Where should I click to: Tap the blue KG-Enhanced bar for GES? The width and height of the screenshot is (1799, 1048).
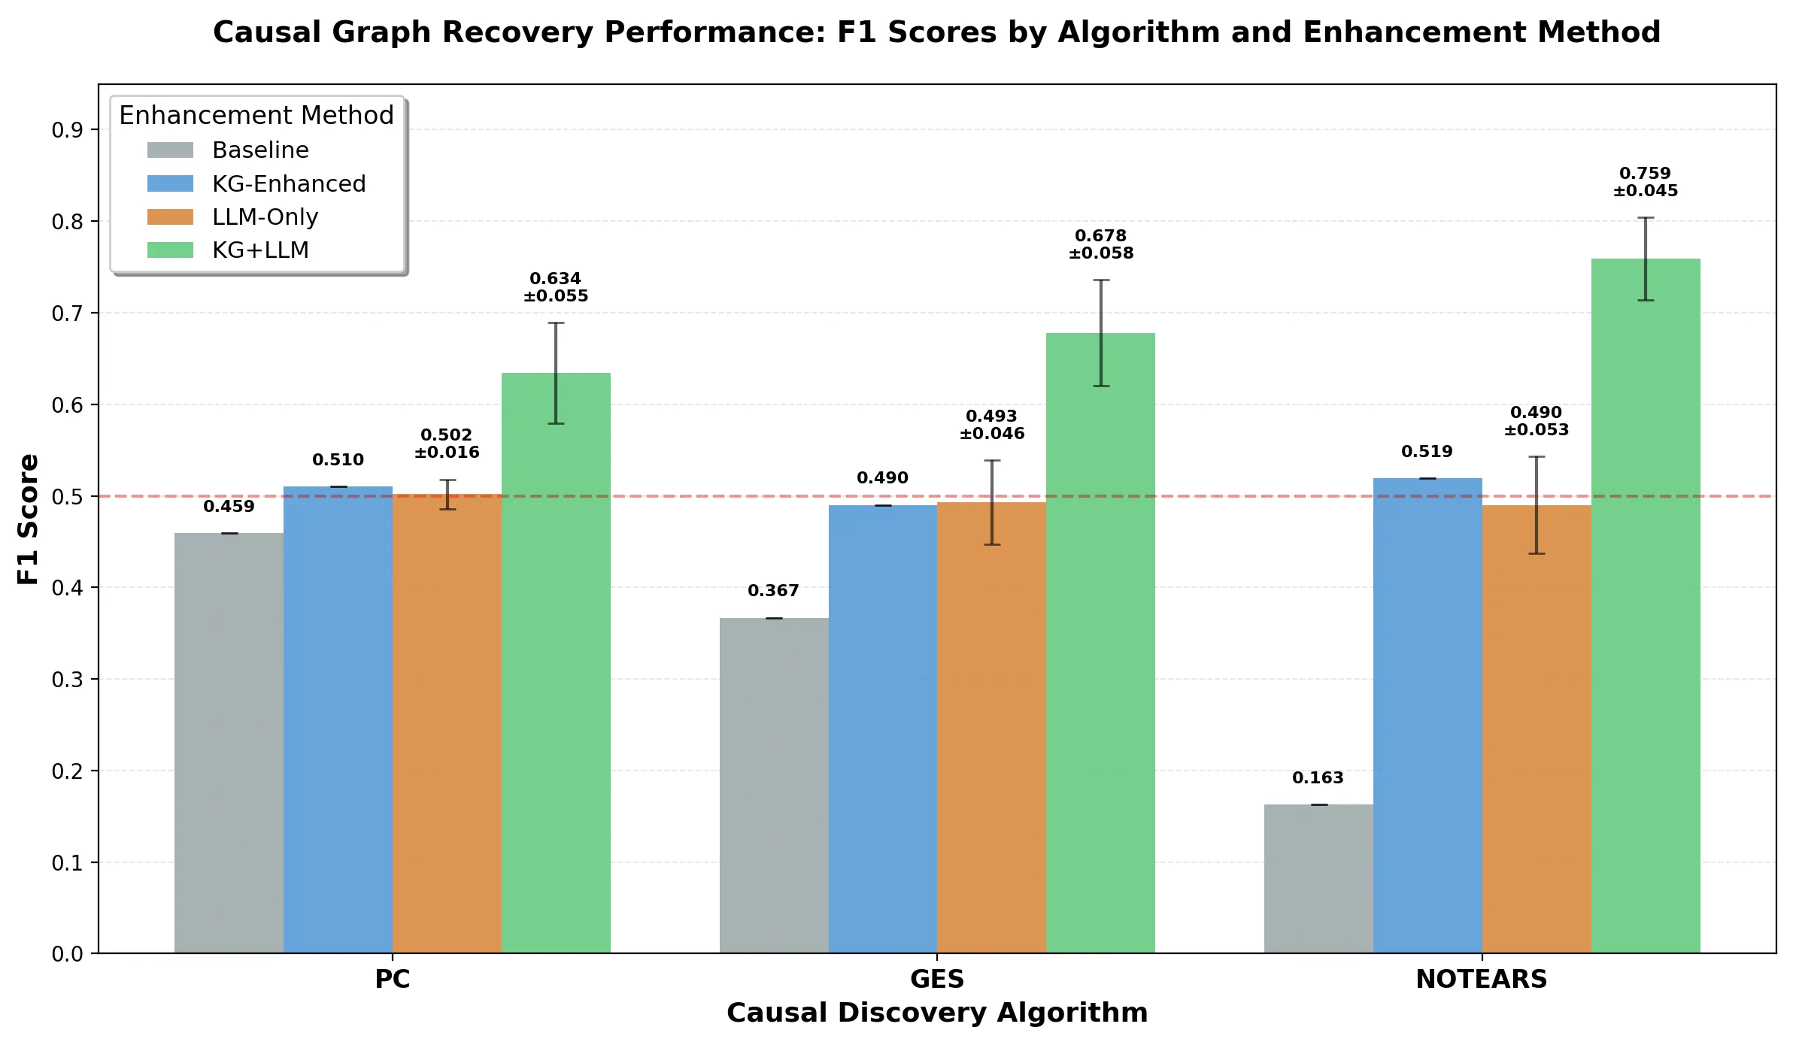point(882,729)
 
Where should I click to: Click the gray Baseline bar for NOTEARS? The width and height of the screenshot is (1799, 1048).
point(1318,879)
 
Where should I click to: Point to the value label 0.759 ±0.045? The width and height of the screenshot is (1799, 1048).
point(1645,182)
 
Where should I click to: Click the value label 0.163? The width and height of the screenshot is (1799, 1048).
point(1318,778)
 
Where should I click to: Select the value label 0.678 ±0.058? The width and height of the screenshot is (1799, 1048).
point(1100,244)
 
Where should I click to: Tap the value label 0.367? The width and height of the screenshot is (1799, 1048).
point(773,591)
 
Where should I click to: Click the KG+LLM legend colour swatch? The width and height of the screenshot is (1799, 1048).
point(170,250)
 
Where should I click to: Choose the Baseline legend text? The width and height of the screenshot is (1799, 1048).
point(260,150)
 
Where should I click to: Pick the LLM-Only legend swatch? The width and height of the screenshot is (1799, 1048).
point(170,217)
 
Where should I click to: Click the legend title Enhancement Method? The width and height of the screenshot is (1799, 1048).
point(256,116)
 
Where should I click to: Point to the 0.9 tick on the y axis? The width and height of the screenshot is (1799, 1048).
point(67,131)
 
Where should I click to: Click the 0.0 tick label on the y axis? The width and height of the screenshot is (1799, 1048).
point(67,954)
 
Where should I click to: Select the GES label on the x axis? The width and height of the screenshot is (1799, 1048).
point(936,980)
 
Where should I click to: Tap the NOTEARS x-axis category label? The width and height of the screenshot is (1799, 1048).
point(1481,980)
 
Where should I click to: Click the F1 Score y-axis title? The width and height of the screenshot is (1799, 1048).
point(29,519)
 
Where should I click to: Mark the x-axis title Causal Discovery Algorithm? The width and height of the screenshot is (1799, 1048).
point(936,1013)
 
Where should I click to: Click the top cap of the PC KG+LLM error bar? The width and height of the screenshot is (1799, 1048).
point(556,323)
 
